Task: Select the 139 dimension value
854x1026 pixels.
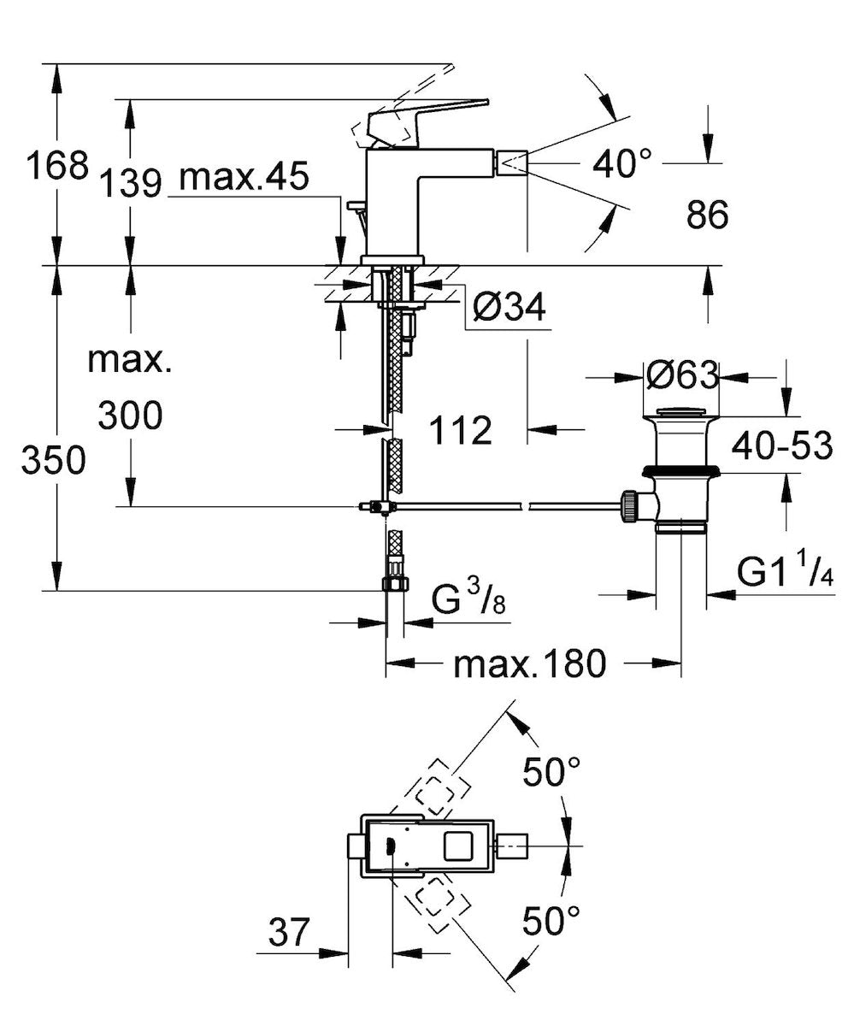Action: pyautogui.click(x=130, y=181)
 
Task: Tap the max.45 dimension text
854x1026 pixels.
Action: pyautogui.click(x=244, y=178)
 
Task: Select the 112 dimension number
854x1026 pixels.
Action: pyautogui.click(x=462, y=431)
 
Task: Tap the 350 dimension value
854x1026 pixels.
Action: pyautogui.click(x=53, y=462)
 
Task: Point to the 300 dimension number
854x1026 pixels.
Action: pyautogui.click(x=129, y=416)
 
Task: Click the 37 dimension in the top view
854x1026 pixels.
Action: pyautogui.click(x=287, y=932)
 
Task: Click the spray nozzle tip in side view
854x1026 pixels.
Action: pyautogui.click(x=514, y=160)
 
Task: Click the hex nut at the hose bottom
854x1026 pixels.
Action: pyautogui.click(x=394, y=584)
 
